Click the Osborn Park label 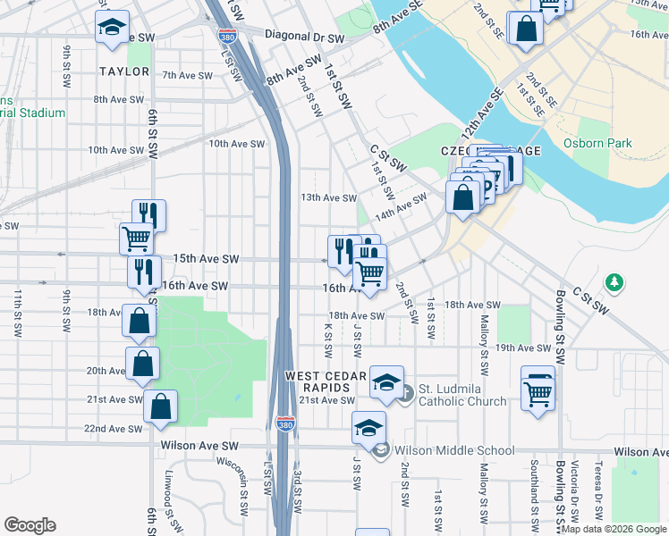point(597,143)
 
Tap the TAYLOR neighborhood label point(124,71)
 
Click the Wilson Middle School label point(454,451)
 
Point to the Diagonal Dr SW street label point(305,39)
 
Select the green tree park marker point(614,283)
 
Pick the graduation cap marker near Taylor point(113,27)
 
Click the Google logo point(30,525)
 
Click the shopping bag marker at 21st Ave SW point(160,406)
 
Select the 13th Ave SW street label point(328,198)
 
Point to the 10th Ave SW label point(237,144)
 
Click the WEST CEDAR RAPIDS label point(326,382)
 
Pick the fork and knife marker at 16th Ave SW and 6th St point(144,272)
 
